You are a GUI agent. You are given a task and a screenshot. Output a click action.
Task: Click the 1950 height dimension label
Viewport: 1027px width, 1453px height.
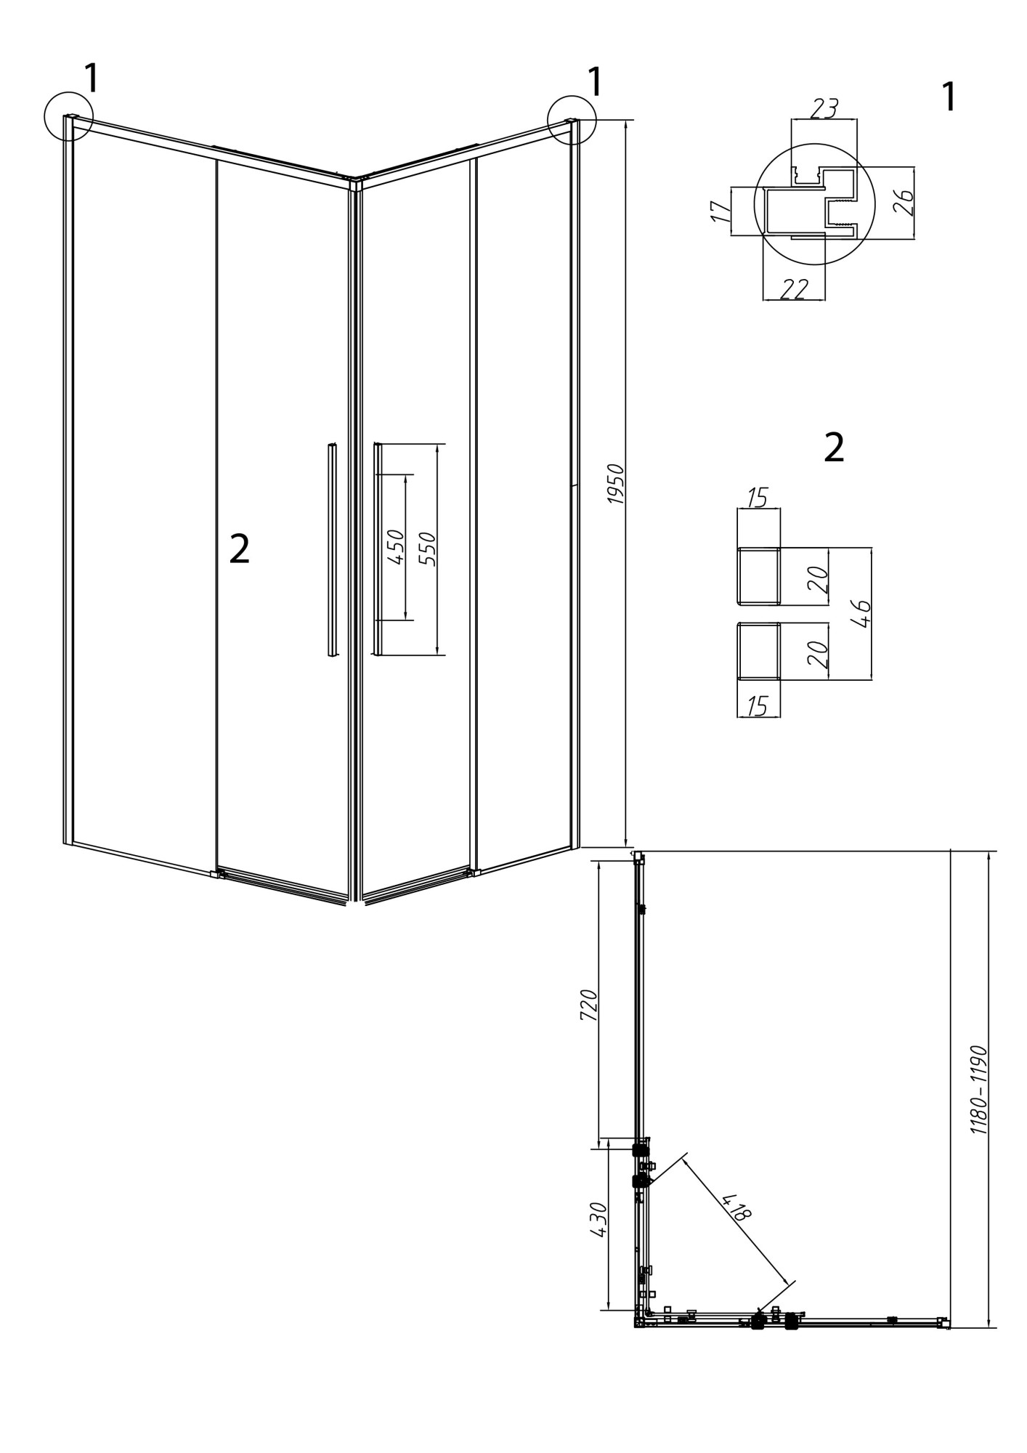click(615, 484)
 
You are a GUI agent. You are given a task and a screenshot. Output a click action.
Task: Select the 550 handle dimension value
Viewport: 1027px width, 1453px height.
click(428, 549)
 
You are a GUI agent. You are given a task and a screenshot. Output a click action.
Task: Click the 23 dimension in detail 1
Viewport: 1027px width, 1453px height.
click(824, 108)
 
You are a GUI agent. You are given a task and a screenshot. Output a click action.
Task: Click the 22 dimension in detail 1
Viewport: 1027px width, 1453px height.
click(793, 289)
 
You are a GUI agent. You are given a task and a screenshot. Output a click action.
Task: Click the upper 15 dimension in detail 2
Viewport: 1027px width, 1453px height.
click(757, 498)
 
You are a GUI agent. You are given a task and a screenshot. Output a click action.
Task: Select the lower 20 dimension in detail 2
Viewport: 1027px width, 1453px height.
click(818, 655)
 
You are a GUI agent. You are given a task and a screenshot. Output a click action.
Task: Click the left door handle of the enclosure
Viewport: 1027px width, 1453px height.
click(332, 550)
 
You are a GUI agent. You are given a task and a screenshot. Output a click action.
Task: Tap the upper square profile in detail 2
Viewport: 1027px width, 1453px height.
click(759, 576)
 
